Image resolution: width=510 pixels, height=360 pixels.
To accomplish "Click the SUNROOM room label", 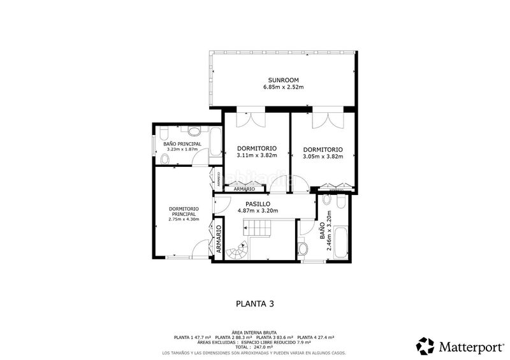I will click(280, 79).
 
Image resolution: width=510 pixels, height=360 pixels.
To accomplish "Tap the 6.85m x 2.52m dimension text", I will click(280, 87).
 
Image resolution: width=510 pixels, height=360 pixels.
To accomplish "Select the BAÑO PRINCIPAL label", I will click(182, 144).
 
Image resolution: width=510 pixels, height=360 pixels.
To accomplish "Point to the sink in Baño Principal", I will click(194, 131).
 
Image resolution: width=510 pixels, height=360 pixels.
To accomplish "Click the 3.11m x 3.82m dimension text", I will click(254, 155).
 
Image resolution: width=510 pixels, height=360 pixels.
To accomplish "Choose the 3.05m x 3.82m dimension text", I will click(323, 155).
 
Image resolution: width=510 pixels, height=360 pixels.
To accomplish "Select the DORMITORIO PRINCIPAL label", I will click(184, 211).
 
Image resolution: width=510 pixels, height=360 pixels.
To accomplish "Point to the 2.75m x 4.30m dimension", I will click(184, 219).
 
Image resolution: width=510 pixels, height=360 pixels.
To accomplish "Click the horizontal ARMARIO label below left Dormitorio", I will click(244, 189).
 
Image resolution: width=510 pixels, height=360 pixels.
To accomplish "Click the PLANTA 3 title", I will click(255, 304).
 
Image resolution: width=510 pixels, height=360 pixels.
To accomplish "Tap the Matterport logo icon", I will click(425, 345).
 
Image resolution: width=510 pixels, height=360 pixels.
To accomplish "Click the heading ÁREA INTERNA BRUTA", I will click(254, 333).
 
